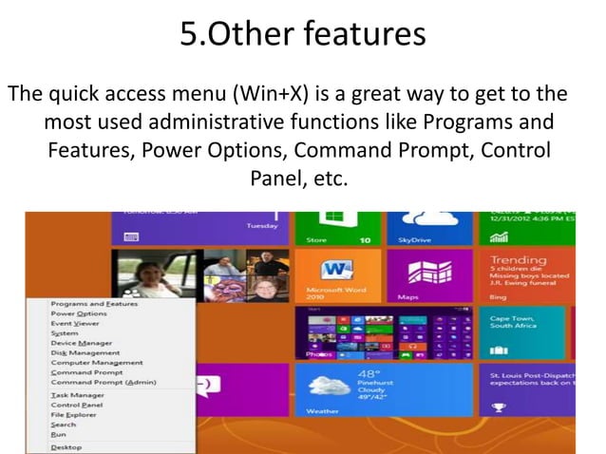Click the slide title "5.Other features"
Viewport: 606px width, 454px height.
tap(302, 35)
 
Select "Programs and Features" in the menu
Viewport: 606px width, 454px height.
tap(93, 304)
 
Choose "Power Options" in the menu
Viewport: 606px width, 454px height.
tap(78, 313)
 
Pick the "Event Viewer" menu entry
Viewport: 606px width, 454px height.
tap(77, 323)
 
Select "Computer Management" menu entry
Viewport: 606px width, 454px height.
tap(96, 362)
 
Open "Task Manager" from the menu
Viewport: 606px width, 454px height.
tap(77, 395)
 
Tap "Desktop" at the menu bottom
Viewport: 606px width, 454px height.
tap(66, 446)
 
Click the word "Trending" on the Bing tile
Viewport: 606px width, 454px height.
tap(519, 259)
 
